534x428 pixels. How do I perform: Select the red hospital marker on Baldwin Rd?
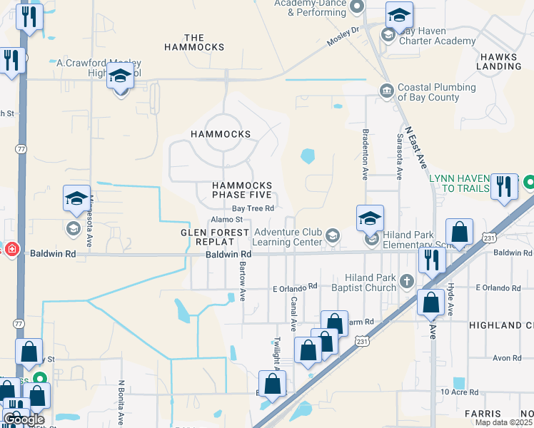(11, 249)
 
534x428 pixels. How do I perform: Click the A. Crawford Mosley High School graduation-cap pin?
(120, 76)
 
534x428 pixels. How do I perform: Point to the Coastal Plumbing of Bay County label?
(436, 92)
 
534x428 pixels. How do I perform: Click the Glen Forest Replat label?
(215, 238)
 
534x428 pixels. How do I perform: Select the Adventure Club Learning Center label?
(289, 237)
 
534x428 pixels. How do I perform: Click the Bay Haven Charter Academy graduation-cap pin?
(400, 16)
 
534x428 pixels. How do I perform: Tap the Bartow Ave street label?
(242, 279)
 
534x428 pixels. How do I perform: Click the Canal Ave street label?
(293, 315)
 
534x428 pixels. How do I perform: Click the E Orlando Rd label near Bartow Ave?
(295, 287)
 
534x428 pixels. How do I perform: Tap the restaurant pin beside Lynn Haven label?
(505, 188)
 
